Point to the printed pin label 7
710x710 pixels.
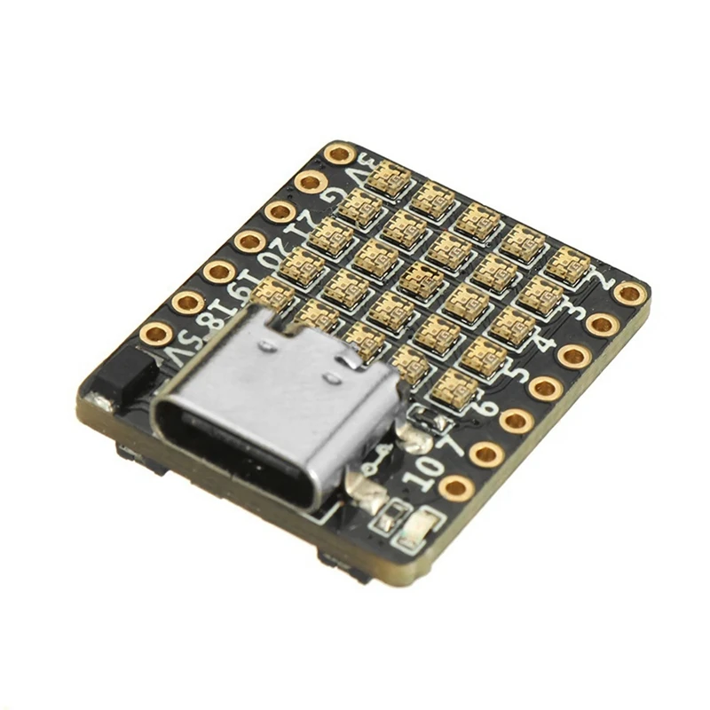pyautogui.click(x=454, y=440)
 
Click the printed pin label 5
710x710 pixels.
pyautogui.click(x=516, y=373)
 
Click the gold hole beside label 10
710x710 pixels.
pyautogui.click(x=456, y=486)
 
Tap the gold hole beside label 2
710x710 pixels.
pyautogui.click(x=630, y=293)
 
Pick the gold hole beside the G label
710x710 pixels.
pyautogui.click(x=311, y=182)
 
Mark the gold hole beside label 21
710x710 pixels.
pyautogui.click(x=280, y=211)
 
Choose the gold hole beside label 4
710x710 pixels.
pyautogui.click(x=573, y=356)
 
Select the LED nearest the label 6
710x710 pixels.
pyautogui.click(x=455, y=387)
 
